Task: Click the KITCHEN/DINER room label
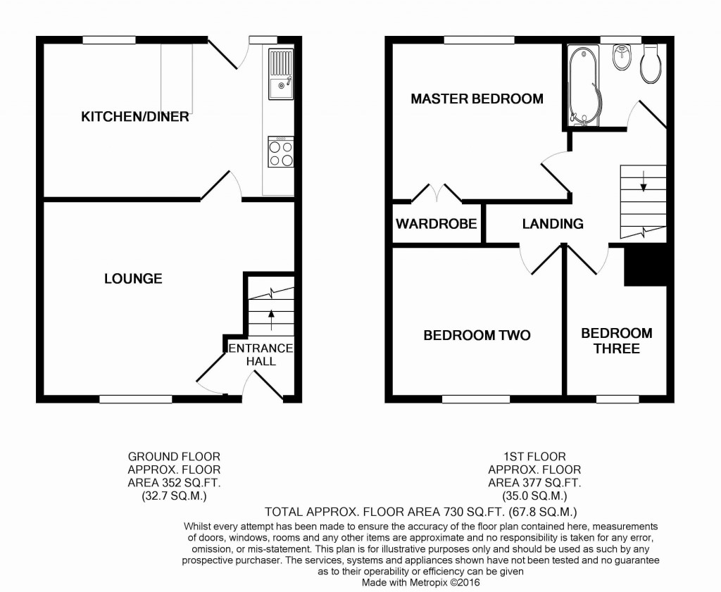(135, 117)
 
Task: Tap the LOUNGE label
(133, 279)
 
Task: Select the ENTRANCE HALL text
(260, 355)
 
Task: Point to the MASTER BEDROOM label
(477, 99)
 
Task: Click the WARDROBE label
(436, 225)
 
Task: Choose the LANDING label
(553, 224)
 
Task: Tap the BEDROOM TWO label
(477, 335)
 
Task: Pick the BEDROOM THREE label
(616, 341)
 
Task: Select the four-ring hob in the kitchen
(280, 153)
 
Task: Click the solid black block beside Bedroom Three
(644, 266)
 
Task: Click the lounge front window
(135, 399)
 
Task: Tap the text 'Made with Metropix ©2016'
(421, 583)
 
